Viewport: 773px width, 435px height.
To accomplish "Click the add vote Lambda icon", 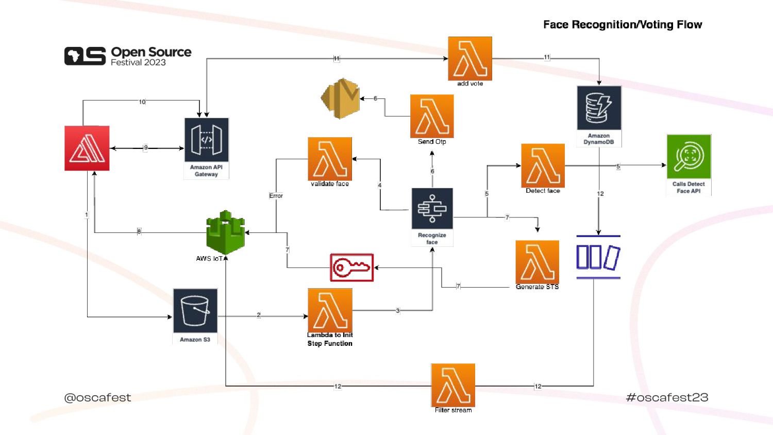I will pyautogui.click(x=470, y=58).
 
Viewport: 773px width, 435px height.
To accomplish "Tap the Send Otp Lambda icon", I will pyautogui.click(x=432, y=116).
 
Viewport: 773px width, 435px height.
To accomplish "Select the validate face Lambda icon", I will pyautogui.click(x=330, y=159).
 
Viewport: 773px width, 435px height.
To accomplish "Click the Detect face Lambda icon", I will pyautogui.click(x=543, y=165).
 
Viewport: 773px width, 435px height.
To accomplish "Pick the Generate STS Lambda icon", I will pyautogui.click(x=537, y=262).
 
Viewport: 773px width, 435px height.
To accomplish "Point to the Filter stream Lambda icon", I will pyautogui.click(x=453, y=385).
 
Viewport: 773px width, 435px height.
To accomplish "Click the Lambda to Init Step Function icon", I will pyautogui.click(x=330, y=310).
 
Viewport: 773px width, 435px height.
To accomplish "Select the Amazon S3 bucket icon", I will pyautogui.click(x=195, y=310).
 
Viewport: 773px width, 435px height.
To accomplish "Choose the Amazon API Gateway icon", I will pyautogui.click(x=206, y=140).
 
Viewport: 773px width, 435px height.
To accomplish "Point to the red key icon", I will pyautogui.click(x=352, y=267).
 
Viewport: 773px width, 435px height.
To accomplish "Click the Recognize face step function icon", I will pyautogui.click(x=432, y=209).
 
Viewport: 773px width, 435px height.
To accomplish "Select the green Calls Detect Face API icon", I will pyautogui.click(x=689, y=157).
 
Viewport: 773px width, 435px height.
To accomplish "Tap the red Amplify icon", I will pyautogui.click(x=87, y=148).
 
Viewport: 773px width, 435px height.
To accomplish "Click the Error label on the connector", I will pyautogui.click(x=276, y=196).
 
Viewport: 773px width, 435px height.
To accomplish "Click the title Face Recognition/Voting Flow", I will pyautogui.click(x=623, y=25).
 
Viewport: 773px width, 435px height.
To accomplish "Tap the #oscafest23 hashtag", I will pyautogui.click(x=667, y=397).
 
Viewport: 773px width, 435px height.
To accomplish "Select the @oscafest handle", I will pyautogui.click(x=97, y=397).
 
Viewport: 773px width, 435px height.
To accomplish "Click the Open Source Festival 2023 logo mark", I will pyautogui.click(x=85, y=56).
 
